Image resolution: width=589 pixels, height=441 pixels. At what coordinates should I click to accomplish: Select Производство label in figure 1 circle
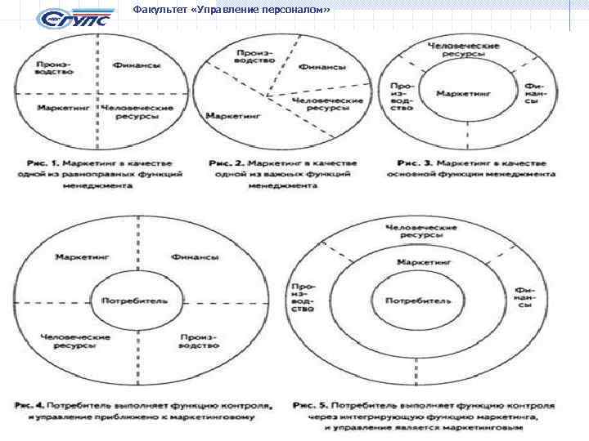56,69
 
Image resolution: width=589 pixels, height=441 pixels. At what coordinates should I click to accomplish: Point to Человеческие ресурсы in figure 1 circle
136,113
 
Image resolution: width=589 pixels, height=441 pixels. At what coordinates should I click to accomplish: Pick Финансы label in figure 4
195,257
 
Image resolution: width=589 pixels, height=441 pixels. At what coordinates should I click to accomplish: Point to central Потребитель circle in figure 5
417,300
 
